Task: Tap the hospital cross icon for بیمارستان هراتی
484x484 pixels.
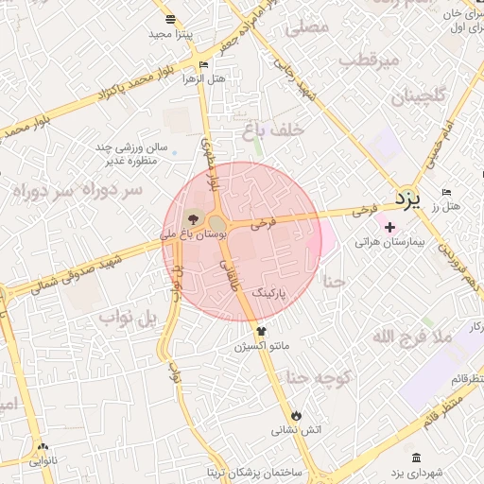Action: click(x=389, y=226)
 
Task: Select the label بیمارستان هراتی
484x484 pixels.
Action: click(x=390, y=242)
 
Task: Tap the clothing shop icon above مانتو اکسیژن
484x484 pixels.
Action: click(x=262, y=331)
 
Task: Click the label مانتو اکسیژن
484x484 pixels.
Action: click(x=262, y=348)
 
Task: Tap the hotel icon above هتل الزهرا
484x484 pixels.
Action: click(x=204, y=64)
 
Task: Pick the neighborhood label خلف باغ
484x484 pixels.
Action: click(x=272, y=132)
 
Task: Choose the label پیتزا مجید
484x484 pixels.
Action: click(x=170, y=34)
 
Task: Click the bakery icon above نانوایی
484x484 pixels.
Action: click(x=42, y=447)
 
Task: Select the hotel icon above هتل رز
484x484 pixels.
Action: click(x=446, y=191)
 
